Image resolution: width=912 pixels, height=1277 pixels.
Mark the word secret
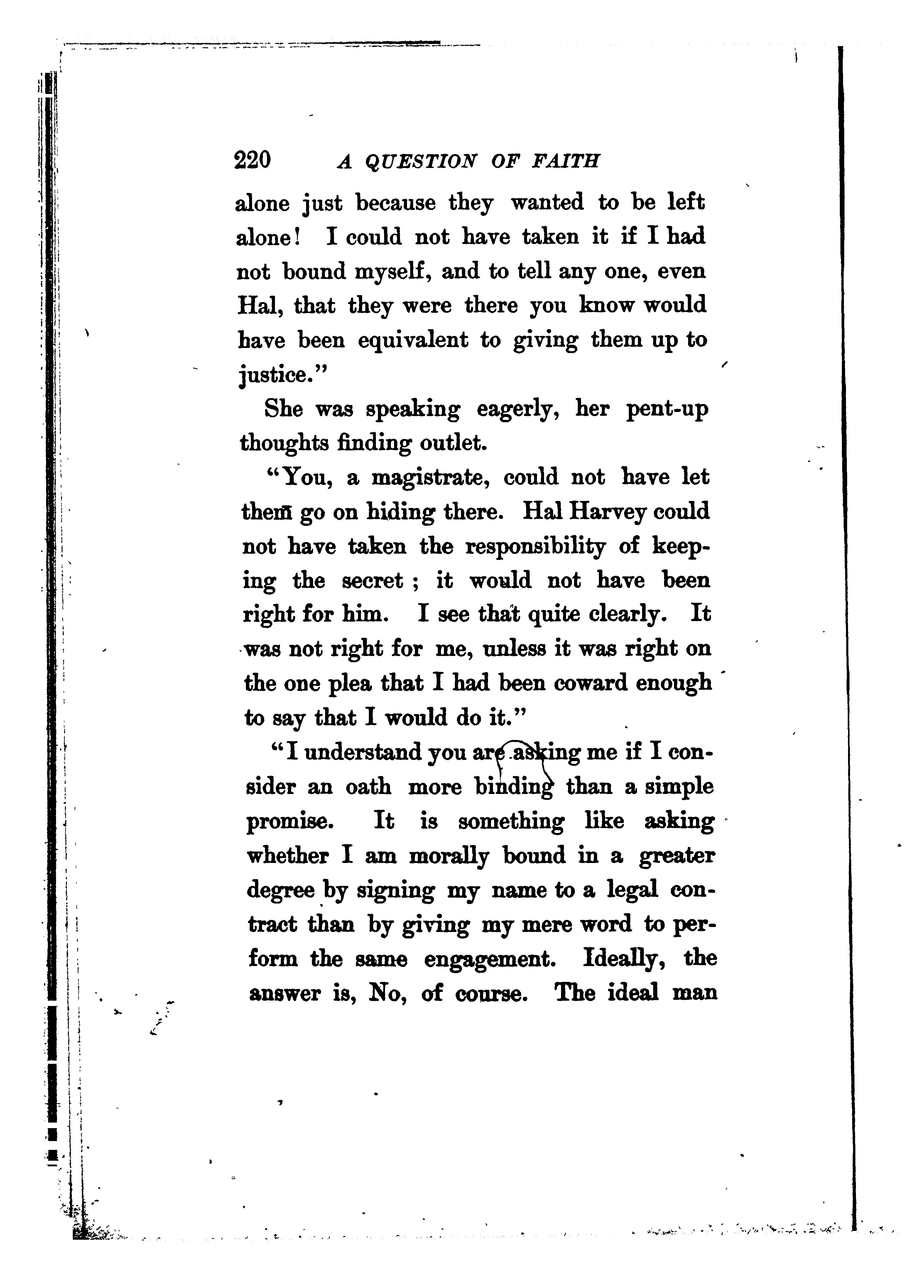372,580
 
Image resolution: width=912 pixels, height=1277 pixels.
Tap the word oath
368,787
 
